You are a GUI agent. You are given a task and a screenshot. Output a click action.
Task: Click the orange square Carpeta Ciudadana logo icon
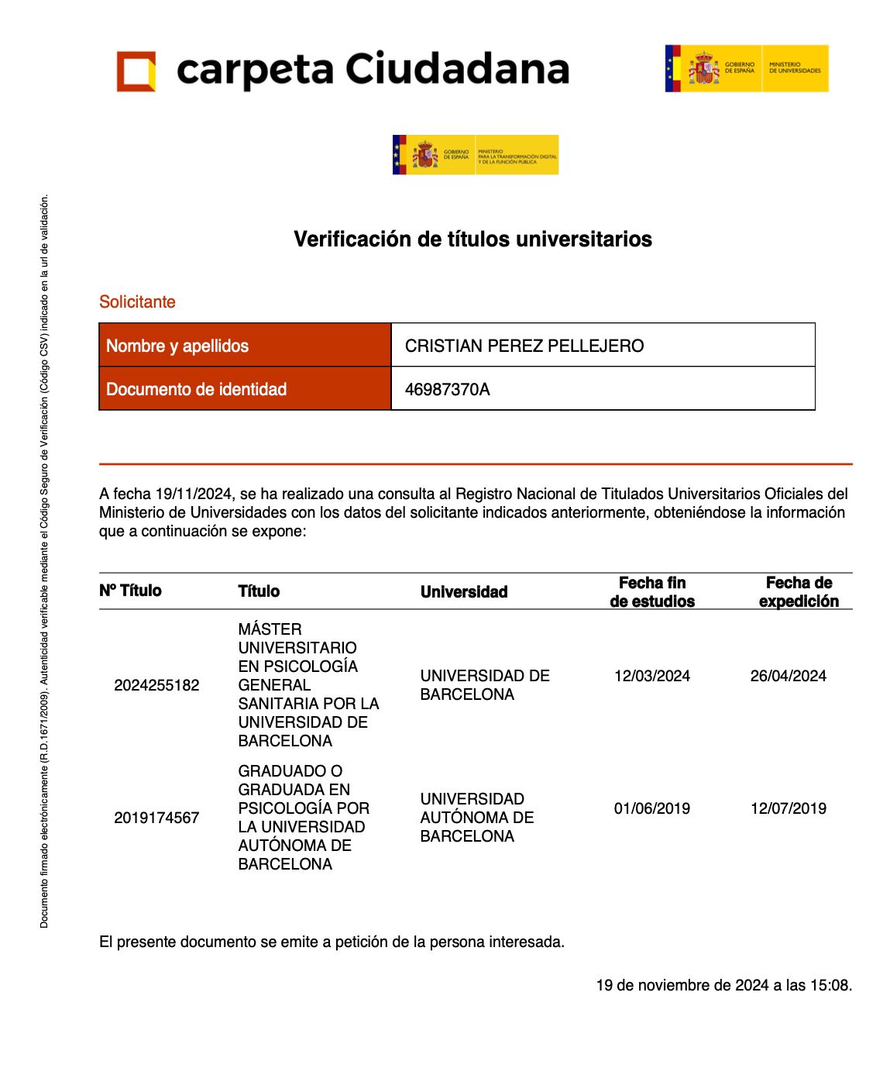click(x=136, y=71)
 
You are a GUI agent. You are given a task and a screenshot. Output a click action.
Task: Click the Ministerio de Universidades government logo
click(x=746, y=68)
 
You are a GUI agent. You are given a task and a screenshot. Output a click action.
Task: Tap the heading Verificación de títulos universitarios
click(x=472, y=239)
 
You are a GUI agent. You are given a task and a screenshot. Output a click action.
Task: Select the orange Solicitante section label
click(x=137, y=301)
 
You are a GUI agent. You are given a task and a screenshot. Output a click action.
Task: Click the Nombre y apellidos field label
click(x=177, y=346)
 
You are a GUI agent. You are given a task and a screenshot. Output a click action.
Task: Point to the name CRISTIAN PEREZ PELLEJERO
click(x=524, y=346)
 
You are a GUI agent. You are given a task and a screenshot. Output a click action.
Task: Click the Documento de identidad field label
click(x=196, y=389)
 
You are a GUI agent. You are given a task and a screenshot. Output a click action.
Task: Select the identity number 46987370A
click(x=447, y=389)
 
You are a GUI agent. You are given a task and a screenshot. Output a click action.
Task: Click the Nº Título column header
click(x=130, y=591)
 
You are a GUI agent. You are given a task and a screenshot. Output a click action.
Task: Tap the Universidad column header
click(x=464, y=592)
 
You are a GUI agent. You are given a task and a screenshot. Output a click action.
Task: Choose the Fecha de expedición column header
click(x=799, y=592)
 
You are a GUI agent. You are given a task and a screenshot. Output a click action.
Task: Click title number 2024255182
click(x=156, y=685)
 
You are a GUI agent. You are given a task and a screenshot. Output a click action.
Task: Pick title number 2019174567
click(x=156, y=818)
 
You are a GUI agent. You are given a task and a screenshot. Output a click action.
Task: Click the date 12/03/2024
click(x=652, y=676)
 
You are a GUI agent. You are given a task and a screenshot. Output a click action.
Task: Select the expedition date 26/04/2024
click(x=788, y=676)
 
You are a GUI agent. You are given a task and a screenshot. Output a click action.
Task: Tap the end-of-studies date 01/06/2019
click(x=652, y=808)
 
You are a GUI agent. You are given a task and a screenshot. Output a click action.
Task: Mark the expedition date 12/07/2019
click(x=788, y=808)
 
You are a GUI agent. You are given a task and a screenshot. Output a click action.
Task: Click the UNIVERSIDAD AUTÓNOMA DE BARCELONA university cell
click(x=477, y=818)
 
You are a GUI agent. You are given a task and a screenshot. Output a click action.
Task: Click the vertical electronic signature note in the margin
click(x=44, y=561)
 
